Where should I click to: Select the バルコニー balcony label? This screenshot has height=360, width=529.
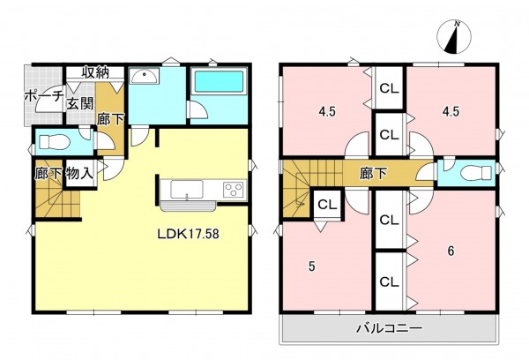click(389, 327)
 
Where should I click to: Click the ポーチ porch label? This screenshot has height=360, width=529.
click(42, 97)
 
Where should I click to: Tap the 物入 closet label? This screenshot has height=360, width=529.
click(80, 174)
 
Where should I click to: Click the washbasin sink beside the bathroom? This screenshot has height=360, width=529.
click(144, 78)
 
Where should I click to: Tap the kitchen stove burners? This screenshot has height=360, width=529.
click(234, 188)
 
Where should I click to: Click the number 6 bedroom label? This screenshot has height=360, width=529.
click(451, 251)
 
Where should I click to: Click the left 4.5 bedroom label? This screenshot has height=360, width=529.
click(327, 112)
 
